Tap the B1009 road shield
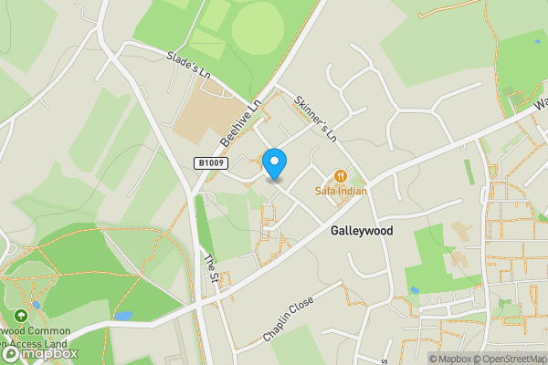pos(210,162)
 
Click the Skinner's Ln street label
pos(315,119)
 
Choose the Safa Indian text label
pos(341,191)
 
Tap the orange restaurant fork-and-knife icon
pos(341,175)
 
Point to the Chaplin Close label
pos(289,318)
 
